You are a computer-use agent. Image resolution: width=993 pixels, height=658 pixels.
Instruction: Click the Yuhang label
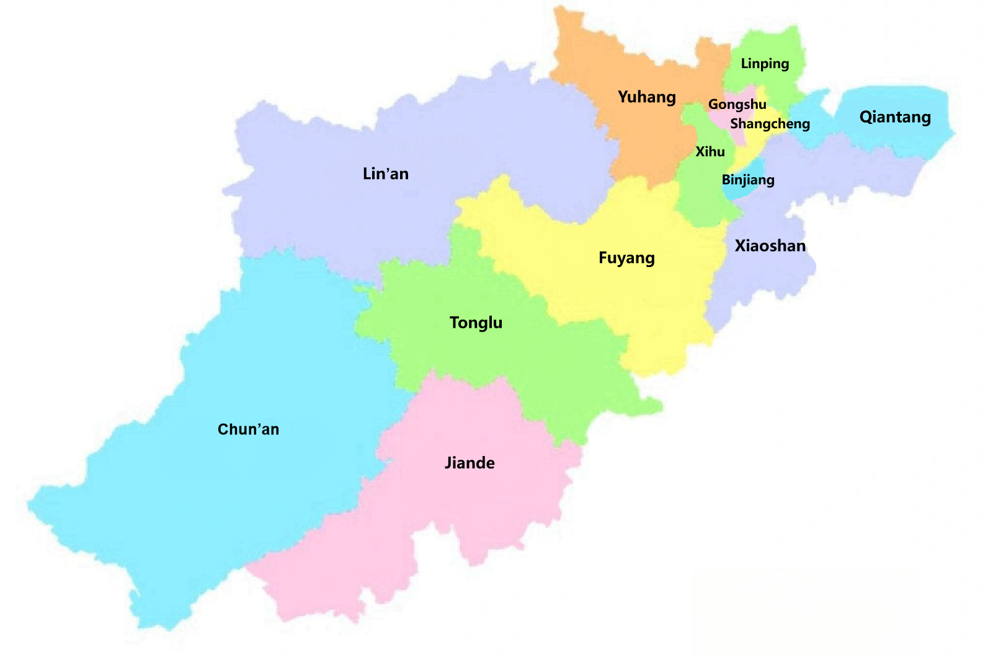(647, 97)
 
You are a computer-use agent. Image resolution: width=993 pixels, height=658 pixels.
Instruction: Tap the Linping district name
(765, 64)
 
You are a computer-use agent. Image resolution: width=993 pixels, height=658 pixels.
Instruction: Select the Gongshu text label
(737, 105)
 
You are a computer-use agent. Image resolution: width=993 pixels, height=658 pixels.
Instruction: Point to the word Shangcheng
(770, 124)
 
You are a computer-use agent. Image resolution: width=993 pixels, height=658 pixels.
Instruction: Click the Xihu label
(710, 152)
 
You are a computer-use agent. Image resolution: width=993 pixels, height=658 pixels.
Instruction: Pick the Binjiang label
(748, 180)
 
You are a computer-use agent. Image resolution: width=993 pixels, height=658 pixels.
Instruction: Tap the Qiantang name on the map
(895, 117)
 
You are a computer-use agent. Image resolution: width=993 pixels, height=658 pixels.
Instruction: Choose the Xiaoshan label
(770, 246)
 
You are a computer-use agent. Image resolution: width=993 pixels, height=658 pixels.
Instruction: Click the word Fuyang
(626, 258)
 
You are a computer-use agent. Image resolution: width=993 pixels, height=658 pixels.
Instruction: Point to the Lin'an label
(386, 174)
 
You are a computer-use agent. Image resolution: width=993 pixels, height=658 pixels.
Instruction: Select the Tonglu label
(476, 323)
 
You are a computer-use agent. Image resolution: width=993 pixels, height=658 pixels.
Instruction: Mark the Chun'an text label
(248, 429)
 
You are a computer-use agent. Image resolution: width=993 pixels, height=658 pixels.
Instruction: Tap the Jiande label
(470, 463)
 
